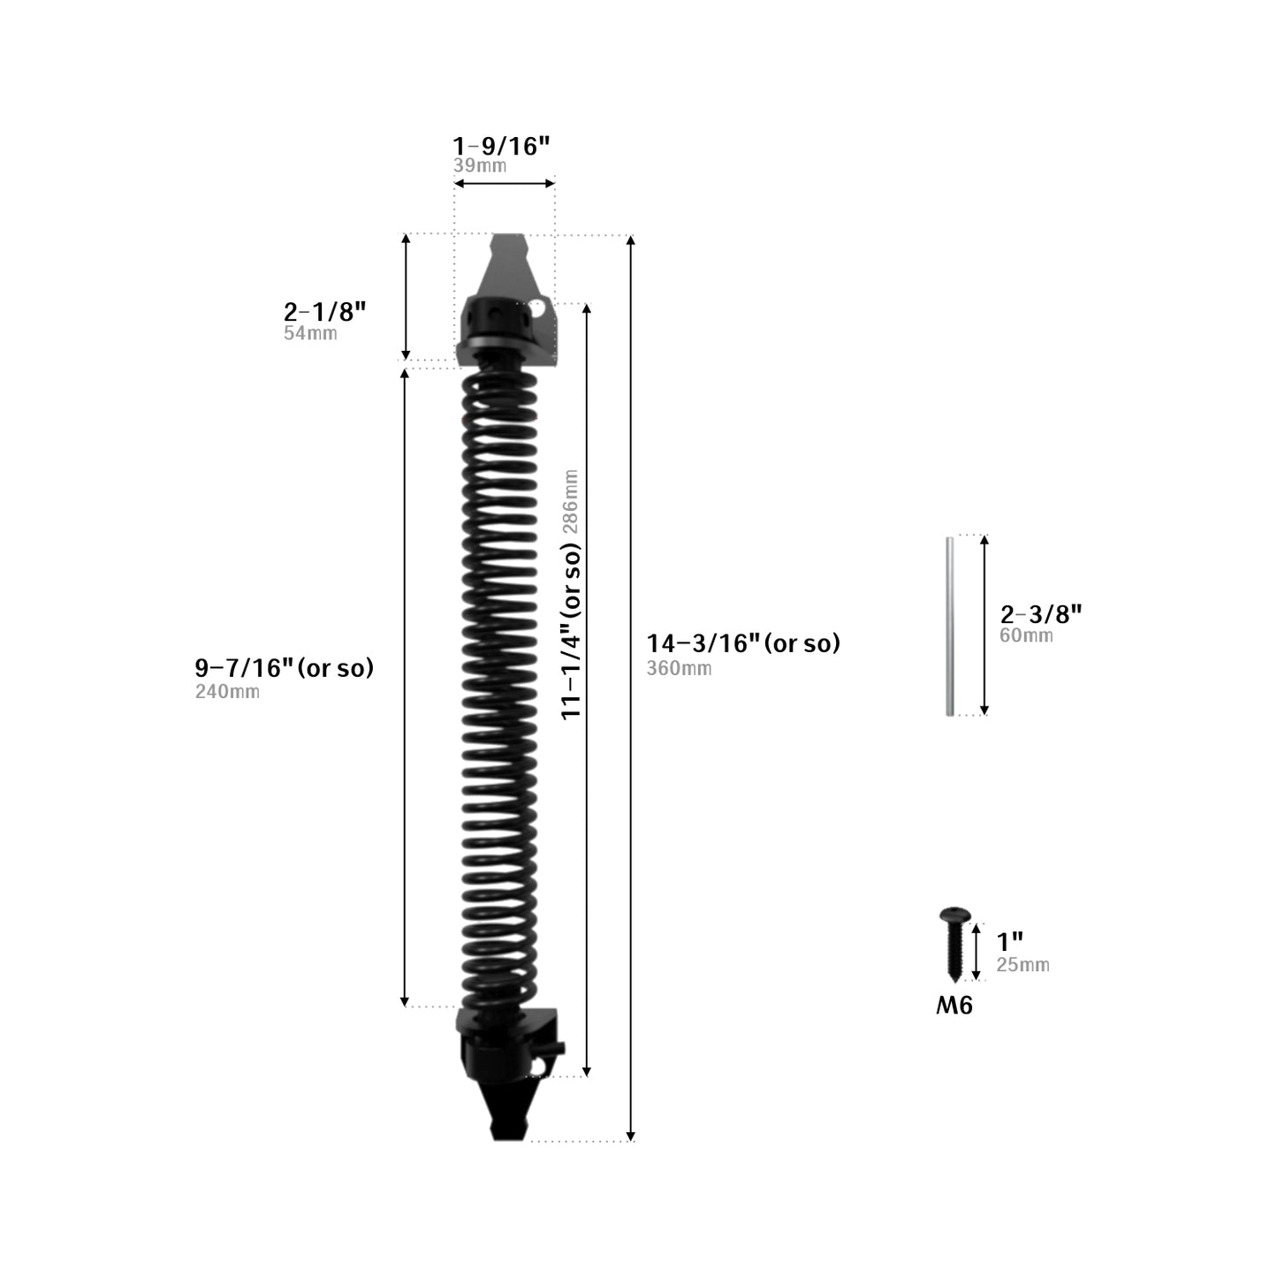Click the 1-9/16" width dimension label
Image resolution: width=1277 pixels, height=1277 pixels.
pyautogui.click(x=501, y=146)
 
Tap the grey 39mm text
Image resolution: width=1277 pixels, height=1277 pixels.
pyautogui.click(x=480, y=165)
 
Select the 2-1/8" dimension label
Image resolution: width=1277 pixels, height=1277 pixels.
pyautogui.click(x=324, y=311)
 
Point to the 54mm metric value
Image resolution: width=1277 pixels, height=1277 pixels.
pyautogui.click(x=310, y=332)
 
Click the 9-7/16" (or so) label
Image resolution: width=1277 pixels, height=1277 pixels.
pyautogui.click(x=285, y=668)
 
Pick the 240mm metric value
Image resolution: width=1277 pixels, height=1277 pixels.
pyautogui.click(x=227, y=692)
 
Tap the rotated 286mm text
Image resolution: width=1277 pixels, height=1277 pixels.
pyautogui.click(x=570, y=502)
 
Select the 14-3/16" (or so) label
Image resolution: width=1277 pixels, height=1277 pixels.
pyautogui.click(x=743, y=643)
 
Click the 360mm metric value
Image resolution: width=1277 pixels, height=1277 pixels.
pyautogui.click(x=680, y=668)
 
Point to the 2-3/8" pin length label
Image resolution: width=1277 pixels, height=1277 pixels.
pyautogui.click(x=1041, y=614)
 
